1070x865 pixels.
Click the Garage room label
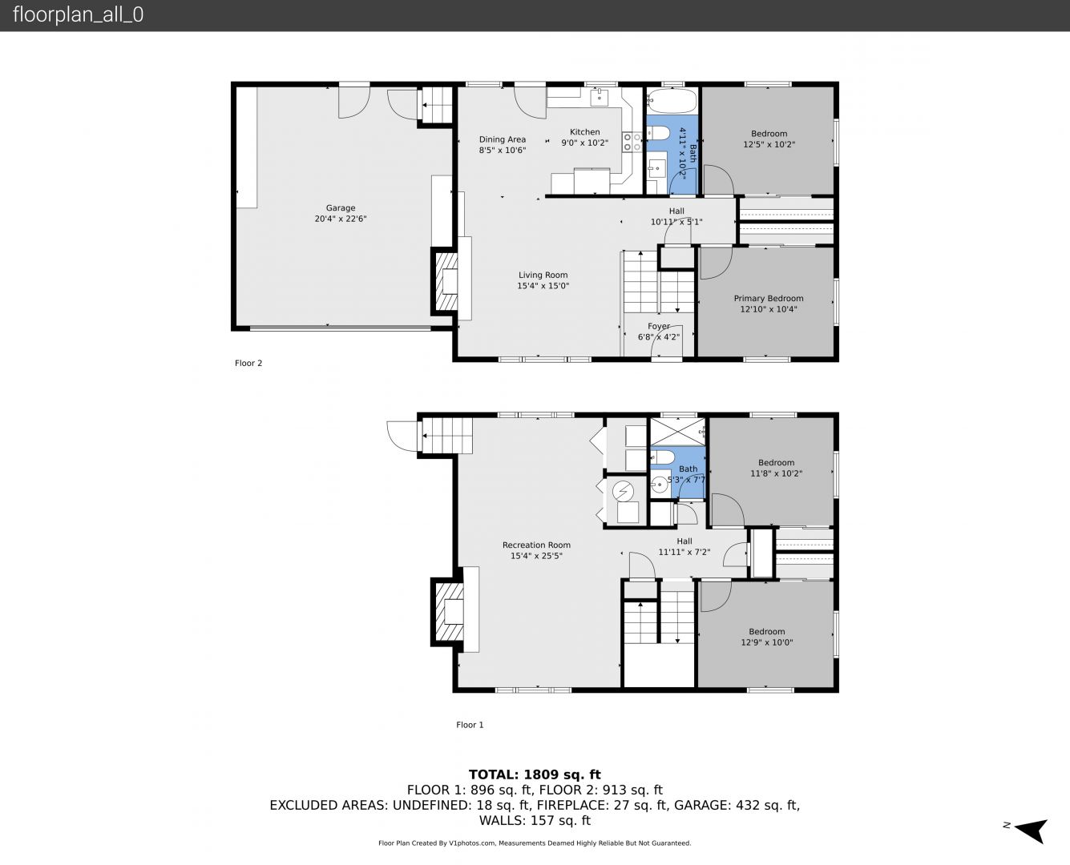pyautogui.click(x=341, y=208)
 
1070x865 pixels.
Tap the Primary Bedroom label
pyautogui.click(x=769, y=298)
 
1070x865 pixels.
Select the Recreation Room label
pyautogui.click(x=536, y=545)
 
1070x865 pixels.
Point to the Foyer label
pyautogui.click(x=659, y=326)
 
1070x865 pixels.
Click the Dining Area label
pyautogui.click(x=503, y=139)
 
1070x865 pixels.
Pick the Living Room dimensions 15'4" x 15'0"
pyautogui.click(x=543, y=286)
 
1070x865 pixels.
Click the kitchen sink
pyautogui.click(x=600, y=97)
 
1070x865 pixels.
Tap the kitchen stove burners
pyautogui.click(x=632, y=142)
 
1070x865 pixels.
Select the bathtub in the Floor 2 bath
pyautogui.click(x=672, y=102)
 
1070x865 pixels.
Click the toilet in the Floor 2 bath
pyautogui.click(x=657, y=133)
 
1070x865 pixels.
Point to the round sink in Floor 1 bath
pyautogui.click(x=659, y=485)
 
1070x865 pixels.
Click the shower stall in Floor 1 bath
pyautogui.click(x=678, y=432)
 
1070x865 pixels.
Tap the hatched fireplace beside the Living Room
pyautogui.click(x=446, y=281)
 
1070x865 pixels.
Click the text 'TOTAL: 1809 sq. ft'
pyautogui.click(x=535, y=774)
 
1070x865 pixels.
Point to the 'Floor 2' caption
pyautogui.click(x=248, y=363)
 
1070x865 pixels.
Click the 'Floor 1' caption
pyautogui.click(x=470, y=724)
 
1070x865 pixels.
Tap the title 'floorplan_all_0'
pyautogui.click(x=78, y=15)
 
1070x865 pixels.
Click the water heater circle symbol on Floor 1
pyautogui.click(x=623, y=491)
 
